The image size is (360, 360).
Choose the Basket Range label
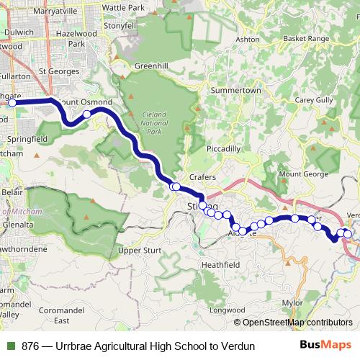[x=305, y=37]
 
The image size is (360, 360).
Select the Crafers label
[x=204, y=177]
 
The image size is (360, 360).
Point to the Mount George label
[x=303, y=174]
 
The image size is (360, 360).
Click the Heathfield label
[x=220, y=264]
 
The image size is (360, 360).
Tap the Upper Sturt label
[x=140, y=251]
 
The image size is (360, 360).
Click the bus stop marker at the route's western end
[x=12, y=103]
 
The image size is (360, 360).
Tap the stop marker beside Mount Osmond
[x=86, y=114]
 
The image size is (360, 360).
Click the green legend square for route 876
[x=10, y=346]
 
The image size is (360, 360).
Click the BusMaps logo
[x=325, y=346]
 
